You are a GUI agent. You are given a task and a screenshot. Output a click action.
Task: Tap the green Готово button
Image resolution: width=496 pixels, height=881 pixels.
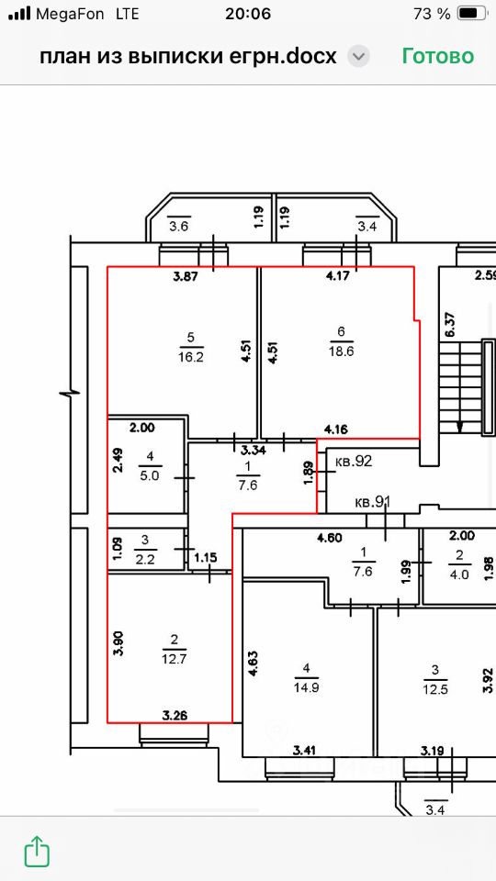pyautogui.click(x=437, y=56)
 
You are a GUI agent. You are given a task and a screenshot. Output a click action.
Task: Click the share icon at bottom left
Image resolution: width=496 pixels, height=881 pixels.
pyautogui.click(x=37, y=851)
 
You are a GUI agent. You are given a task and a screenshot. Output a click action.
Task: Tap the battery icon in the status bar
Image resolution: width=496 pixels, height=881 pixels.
pyautogui.click(x=471, y=14)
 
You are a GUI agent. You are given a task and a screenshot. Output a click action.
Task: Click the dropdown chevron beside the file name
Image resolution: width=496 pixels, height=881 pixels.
pyautogui.click(x=358, y=57)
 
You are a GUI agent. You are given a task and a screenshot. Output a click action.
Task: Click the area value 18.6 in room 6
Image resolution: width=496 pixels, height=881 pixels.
pyautogui.click(x=341, y=351)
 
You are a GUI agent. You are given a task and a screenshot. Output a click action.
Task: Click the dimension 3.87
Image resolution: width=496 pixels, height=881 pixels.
pyautogui.click(x=186, y=276)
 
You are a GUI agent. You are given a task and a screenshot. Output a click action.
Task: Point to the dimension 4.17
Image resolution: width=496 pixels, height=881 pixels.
pyautogui.click(x=337, y=276)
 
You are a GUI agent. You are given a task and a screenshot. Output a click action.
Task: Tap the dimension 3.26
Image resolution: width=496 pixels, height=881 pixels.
pyautogui.click(x=175, y=715)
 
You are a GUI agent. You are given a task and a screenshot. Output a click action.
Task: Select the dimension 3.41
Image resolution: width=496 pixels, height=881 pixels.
pyautogui.click(x=306, y=749)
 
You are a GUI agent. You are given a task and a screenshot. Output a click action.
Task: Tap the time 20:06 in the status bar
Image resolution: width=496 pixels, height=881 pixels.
pyautogui.click(x=248, y=14)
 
